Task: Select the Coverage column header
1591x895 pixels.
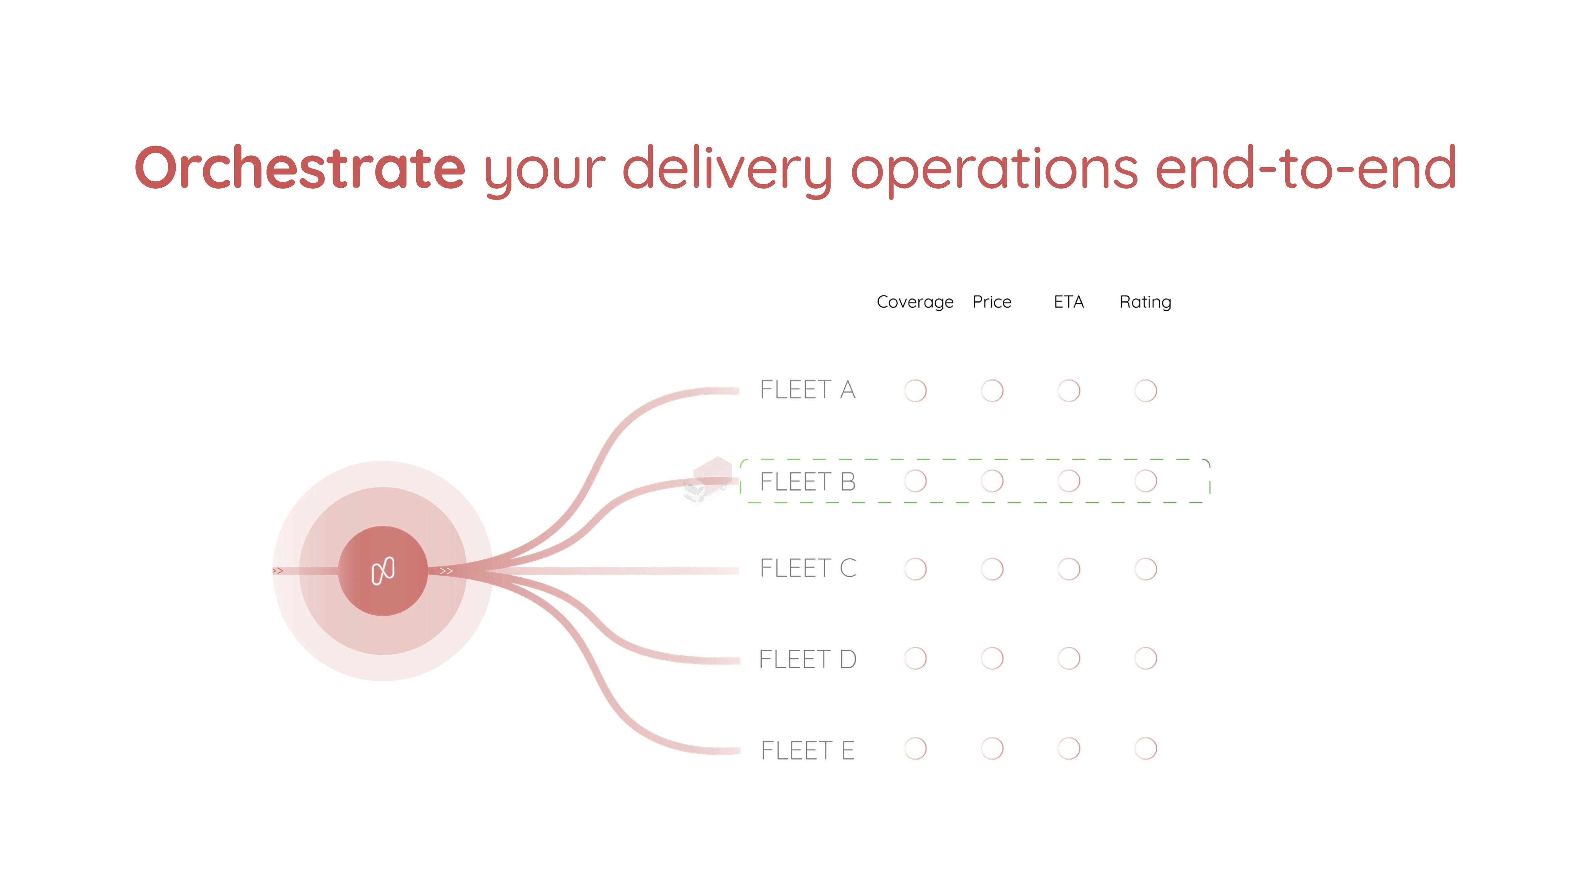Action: click(x=915, y=302)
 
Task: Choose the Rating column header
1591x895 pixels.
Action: click(x=1145, y=302)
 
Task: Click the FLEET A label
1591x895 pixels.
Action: click(x=807, y=390)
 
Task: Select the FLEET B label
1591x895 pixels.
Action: click(x=807, y=481)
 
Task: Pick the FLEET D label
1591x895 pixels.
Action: click(x=807, y=659)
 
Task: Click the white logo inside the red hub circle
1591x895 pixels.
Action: click(x=383, y=571)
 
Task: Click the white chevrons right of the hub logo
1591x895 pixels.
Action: click(x=446, y=571)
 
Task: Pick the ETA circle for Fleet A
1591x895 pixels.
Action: click(x=1069, y=390)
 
